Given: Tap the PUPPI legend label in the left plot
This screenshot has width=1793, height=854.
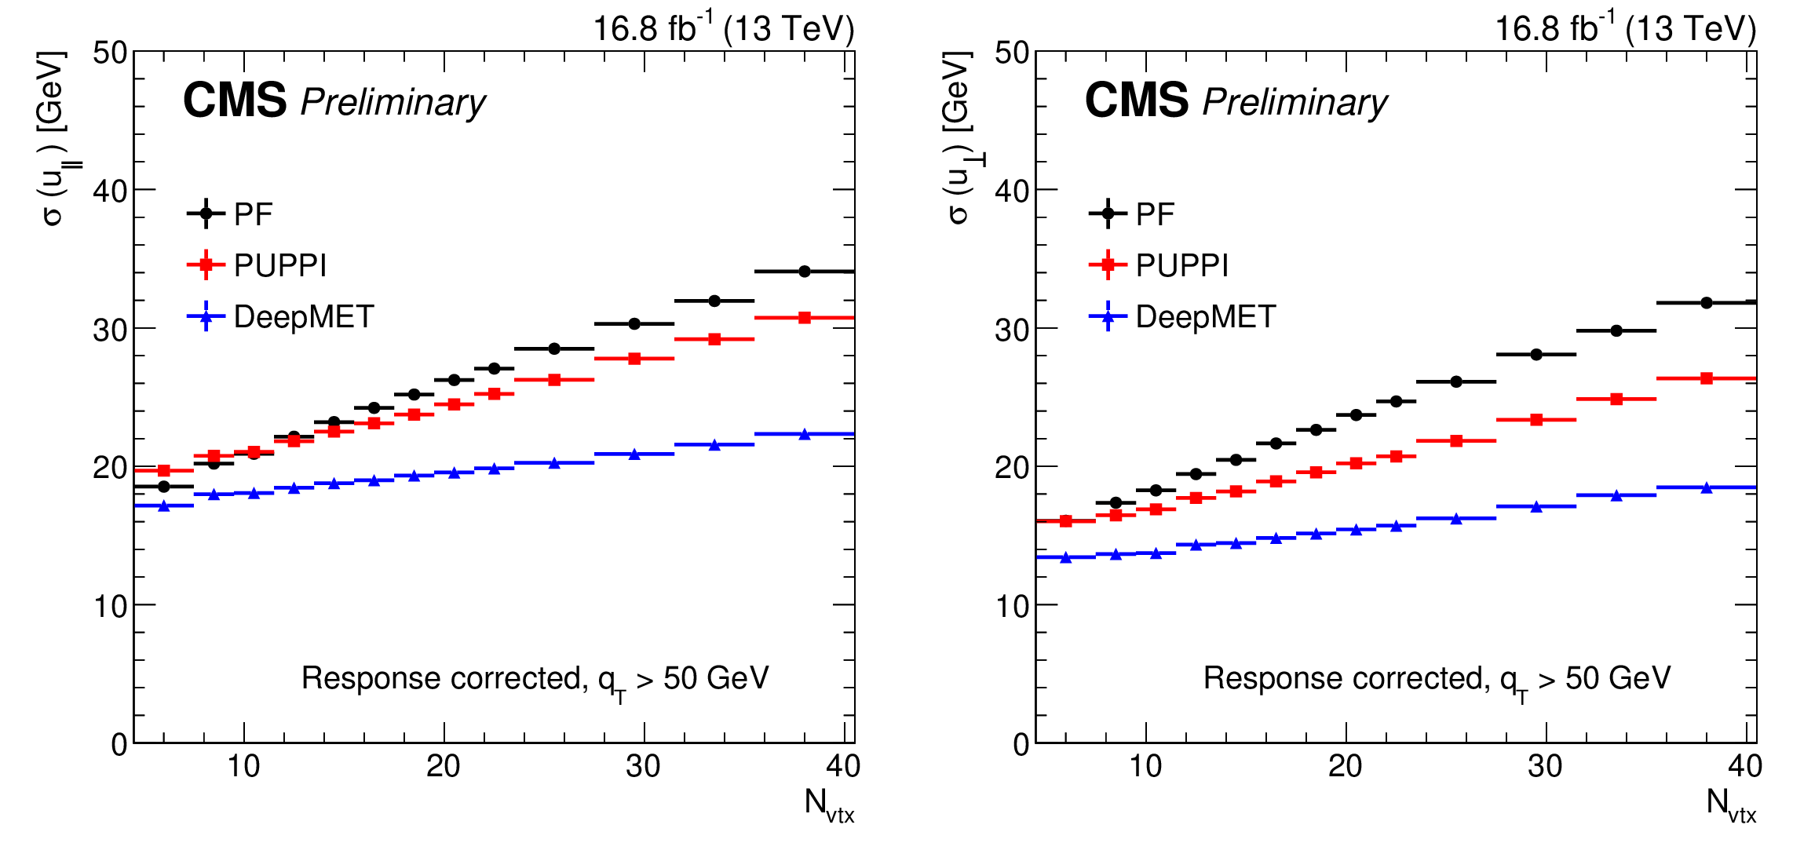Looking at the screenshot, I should point(280,265).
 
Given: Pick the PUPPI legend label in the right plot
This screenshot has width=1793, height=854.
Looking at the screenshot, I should point(1182,265).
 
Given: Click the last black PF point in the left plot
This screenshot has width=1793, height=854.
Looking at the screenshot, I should point(805,272).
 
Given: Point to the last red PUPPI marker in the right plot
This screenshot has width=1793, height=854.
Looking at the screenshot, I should point(1706,378).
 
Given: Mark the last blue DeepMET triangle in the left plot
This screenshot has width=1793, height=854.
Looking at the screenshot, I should point(805,434).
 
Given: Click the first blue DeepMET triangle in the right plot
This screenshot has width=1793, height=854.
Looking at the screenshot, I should point(1065,557).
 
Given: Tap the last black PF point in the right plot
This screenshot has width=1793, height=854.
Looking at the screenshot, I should point(1706,302).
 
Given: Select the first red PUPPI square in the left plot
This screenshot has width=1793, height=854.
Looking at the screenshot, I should point(164,471).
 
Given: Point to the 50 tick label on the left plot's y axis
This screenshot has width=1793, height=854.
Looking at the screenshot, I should point(110,53).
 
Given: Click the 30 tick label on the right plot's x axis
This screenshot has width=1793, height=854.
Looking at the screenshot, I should point(1545,766).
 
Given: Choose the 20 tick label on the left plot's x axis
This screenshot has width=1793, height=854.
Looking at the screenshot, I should point(444,766).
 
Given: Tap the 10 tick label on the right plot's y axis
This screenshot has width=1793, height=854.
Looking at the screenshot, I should point(1012,606).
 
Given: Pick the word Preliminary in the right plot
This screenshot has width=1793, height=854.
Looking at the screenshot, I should point(1295,103).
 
